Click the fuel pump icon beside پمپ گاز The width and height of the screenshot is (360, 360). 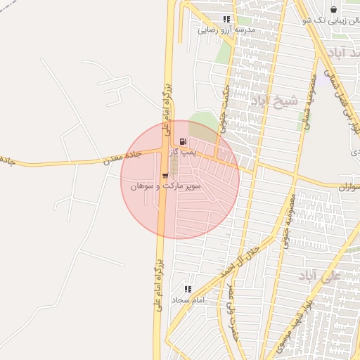pyautogui.click(x=184, y=141)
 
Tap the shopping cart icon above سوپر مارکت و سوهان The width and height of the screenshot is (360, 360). pyautogui.click(x=165, y=175)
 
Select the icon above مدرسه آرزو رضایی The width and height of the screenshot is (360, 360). pyautogui.click(x=226, y=20)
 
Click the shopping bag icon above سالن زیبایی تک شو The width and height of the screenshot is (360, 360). pyautogui.click(x=333, y=10)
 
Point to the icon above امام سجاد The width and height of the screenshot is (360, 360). pyautogui.click(x=188, y=288)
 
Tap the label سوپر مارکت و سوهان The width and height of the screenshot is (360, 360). pyautogui.click(x=172, y=186)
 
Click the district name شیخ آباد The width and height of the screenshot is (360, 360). pyautogui.click(x=277, y=101)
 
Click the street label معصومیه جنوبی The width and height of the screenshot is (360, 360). pyautogui.click(x=288, y=219)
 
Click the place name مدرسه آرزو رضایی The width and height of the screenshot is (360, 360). pyautogui.click(x=226, y=30)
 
